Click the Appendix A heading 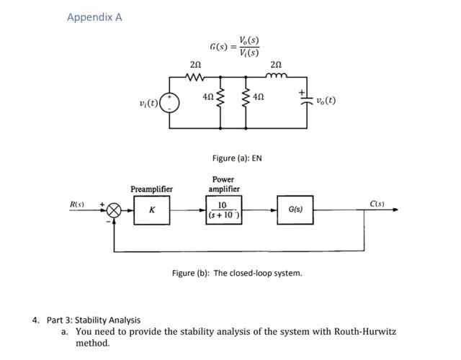(x=94, y=17)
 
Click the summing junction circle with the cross (x=114, y=210)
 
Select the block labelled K (x=151, y=210)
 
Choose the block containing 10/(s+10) (x=223, y=210)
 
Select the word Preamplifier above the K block (x=151, y=189)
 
